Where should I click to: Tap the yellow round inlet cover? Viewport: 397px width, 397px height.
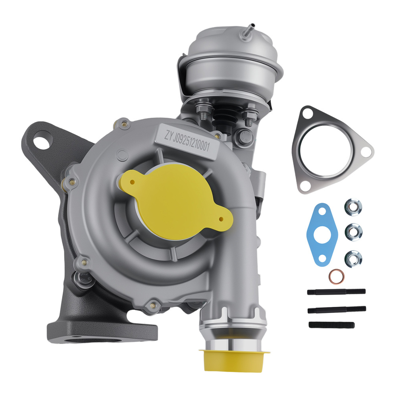(175, 198)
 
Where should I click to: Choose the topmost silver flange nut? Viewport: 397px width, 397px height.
(353, 207)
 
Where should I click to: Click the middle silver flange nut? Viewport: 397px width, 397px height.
(353, 231)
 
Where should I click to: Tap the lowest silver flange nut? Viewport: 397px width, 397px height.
(353, 258)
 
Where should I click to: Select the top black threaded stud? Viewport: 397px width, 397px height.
(336, 292)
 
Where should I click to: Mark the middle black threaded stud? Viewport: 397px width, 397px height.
(336, 309)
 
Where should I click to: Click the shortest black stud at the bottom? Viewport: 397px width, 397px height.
(331, 324)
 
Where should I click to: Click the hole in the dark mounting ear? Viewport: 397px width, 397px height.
(41, 142)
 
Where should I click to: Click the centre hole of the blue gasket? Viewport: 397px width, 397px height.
(322, 237)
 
